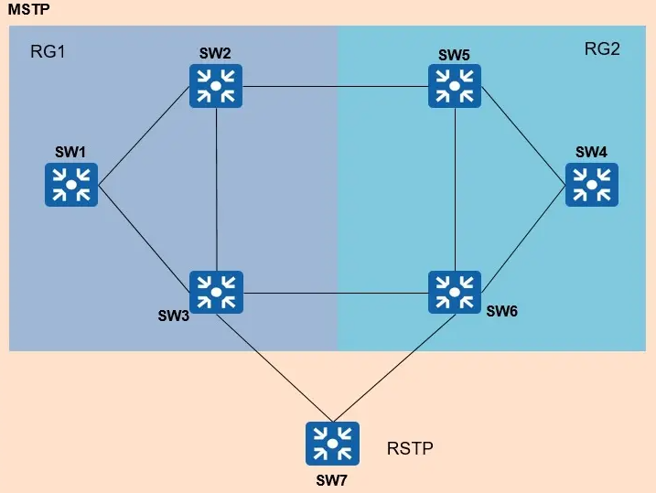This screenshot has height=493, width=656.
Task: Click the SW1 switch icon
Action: [x=71, y=184]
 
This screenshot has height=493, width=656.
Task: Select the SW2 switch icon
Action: [x=217, y=87]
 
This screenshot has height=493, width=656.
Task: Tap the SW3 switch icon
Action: [x=217, y=293]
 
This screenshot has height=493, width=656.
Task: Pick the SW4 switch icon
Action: [x=592, y=184]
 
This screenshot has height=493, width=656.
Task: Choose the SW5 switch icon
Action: [x=456, y=87]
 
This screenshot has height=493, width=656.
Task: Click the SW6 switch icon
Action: [x=456, y=293]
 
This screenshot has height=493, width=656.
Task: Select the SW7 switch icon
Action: [x=333, y=444]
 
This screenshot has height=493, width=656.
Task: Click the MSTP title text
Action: [x=27, y=10]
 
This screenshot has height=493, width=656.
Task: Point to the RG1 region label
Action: [x=48, y=49]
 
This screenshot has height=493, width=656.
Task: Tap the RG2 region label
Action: [x=602, y=49]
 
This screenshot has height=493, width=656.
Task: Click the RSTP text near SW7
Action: [x=410, y=448]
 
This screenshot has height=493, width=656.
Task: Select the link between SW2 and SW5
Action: [x=336, y=88]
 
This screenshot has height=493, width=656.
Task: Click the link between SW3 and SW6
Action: [x=336, y=294]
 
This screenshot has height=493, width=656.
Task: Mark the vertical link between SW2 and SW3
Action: [x=217, y=190]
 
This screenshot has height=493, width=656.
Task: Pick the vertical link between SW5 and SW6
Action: [x=456, y=190]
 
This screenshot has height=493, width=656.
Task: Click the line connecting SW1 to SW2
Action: [x=145, y=135]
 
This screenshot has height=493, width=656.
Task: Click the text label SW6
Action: [x=501, y=312]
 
